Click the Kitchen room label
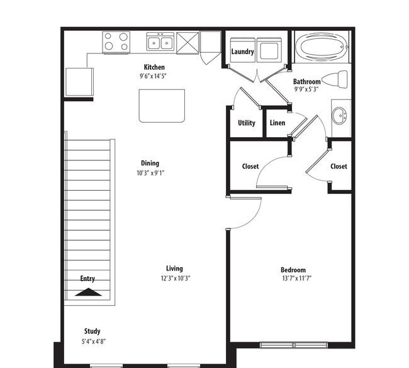[x=154, y=67]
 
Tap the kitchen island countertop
[x=162, y=106]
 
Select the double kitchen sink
[x=160, y=42]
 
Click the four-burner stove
[x=116, y=42]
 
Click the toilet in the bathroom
[x=335, y=79]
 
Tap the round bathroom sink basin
[x=339, y=115]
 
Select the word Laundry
[x=242, y=52]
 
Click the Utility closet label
[x=247, y=123]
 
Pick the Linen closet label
[x=277, y=123]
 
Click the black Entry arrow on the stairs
[x=88, y=292]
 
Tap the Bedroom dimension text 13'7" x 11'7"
[x=297, y=278]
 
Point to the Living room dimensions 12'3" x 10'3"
[x=176, y=278]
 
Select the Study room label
[x=92, y=332]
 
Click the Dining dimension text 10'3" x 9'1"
[x=150, y=173]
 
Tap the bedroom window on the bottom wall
[x=294, y=345]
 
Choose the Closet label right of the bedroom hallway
[x=339, y=166]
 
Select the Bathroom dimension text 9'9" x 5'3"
[x=306, y=89]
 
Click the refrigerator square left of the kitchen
[x=79, y=82]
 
